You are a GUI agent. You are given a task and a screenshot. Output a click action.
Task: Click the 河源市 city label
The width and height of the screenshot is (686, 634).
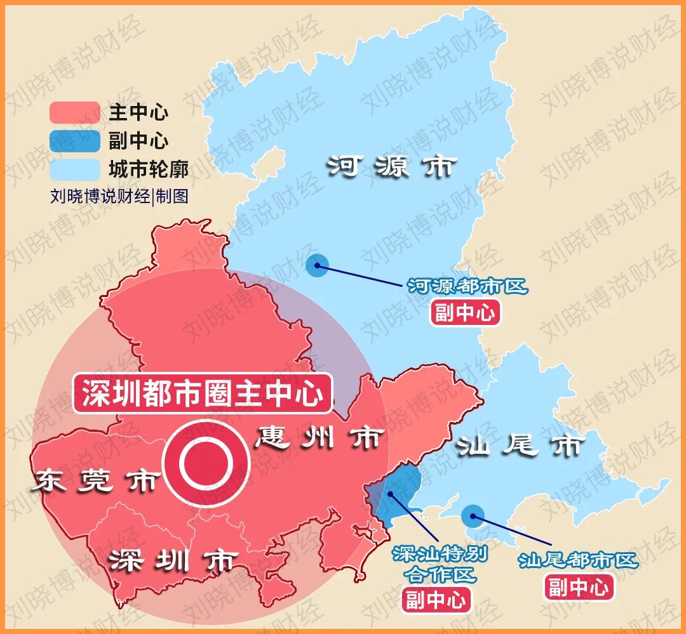coord(392,167)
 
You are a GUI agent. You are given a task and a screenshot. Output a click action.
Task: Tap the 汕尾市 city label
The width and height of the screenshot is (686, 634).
coord(519,446)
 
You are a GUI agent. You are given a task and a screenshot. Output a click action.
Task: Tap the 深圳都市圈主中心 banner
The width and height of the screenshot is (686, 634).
coord(203,393)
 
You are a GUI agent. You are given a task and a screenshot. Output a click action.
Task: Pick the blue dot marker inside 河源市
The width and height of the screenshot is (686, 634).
coord(317,265)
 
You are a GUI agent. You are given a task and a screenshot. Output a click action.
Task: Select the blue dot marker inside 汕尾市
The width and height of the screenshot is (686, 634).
coord(473,515)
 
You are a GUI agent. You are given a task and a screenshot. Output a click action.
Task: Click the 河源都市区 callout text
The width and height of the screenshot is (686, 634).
coord(467,287)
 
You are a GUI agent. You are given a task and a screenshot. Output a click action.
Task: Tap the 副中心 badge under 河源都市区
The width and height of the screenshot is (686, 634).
coord(466,313)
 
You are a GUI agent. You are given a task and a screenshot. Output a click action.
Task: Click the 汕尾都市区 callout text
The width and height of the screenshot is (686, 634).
coord(577,560)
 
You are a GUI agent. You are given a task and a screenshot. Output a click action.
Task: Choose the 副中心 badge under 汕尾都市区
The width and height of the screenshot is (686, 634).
coord(579,587)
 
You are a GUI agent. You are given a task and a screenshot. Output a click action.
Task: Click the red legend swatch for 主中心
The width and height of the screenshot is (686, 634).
coord(75,113)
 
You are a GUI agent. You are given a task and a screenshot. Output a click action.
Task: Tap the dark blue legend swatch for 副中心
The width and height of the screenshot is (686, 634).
coord(75,141)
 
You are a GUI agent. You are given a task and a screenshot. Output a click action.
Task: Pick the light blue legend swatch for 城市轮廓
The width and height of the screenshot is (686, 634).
coord(75,169)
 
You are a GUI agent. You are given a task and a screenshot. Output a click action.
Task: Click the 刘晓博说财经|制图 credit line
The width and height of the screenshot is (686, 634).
coord(119,196)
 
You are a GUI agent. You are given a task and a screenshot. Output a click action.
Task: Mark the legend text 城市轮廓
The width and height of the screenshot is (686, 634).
coord(148,169)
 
